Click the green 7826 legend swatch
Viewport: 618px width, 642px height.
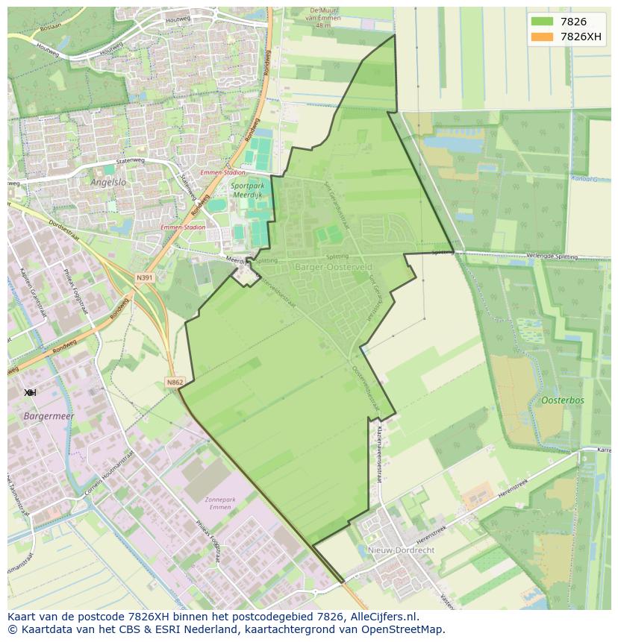coord(542,22)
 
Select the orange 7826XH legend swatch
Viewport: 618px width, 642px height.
coord(542,37)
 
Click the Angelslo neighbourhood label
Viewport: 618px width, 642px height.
coord(109,181)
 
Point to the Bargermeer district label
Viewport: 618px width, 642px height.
coord(46,416)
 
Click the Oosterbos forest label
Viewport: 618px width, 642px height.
coord(563,400)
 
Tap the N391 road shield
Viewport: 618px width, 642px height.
coord(144,277)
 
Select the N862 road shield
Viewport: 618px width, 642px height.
coord(175,383)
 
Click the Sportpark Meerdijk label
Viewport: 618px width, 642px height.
coord(247,190)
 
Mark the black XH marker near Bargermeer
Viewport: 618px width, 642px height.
coord(30,392)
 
